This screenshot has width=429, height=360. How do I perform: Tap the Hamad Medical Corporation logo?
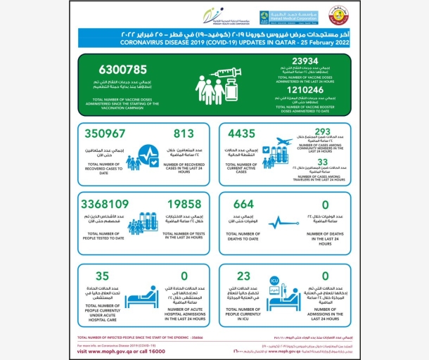coord(278,17)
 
